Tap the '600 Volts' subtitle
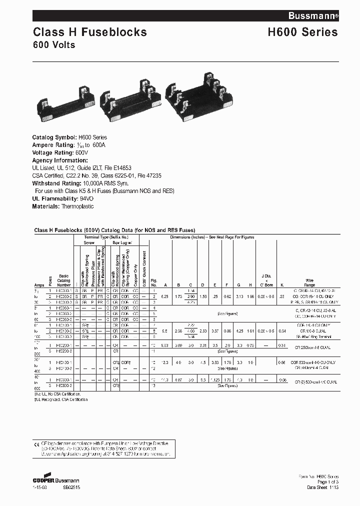click(x=54, y=45)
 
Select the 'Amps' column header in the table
click(x=39, y=284)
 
